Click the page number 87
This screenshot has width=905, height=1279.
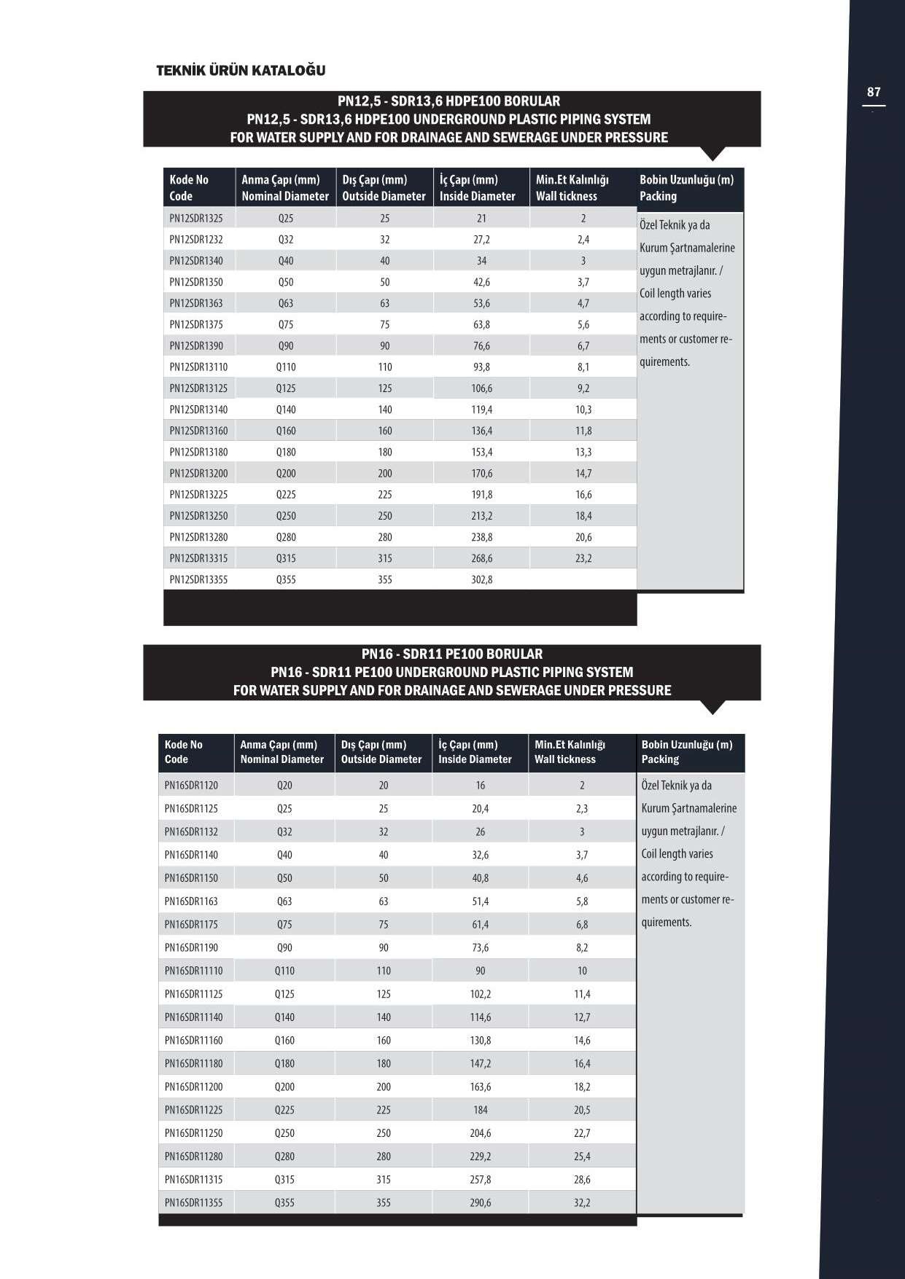pyautogui.click(x=874, y=93)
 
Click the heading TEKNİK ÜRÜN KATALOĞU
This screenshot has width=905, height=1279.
pyautogui.click(x=241, y=71)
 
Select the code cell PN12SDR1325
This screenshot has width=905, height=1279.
pyautogui.click(x=196, y=218)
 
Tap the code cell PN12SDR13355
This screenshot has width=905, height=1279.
pyautogui.click(x=198, y=579)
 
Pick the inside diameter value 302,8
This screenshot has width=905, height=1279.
pyautogui.click(x=481, y=579)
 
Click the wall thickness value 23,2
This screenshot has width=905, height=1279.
pyautogui.click(x=583, y=558)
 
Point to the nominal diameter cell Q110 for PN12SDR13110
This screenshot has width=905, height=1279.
pyautogui.click(x=286, y=367)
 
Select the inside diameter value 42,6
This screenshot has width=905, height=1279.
pyautogui.click(x=481, y=282)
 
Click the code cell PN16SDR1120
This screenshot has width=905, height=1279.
pyautogui.click(x=191, y=785)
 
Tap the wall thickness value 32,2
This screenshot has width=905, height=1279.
pyautogui.click(x=582, y=1202)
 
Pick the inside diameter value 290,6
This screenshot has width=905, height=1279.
pyautogui.click(x=481, y=1202)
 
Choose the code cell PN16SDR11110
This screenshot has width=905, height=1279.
pyautogui.click(x=194, y=971)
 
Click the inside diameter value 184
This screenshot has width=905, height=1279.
pyautogui.click(x=481, y=1110)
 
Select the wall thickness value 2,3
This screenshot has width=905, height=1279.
pyautogui.click(x=582, y=808)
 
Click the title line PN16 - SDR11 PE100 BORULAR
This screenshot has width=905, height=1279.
pyautogui.click(x=452, y=654)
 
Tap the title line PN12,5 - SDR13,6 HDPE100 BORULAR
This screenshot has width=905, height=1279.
pyautogui.click(x=448, y=101)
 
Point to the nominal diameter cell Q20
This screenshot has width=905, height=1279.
pyautogui.click(x=284, y=785)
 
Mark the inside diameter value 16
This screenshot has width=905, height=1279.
pyautogui.click(x=481, y=785)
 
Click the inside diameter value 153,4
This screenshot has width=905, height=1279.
pyautogui.click(x=481, y=452)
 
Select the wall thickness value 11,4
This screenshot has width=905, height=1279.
pyautogui.click(x=582, y=994)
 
